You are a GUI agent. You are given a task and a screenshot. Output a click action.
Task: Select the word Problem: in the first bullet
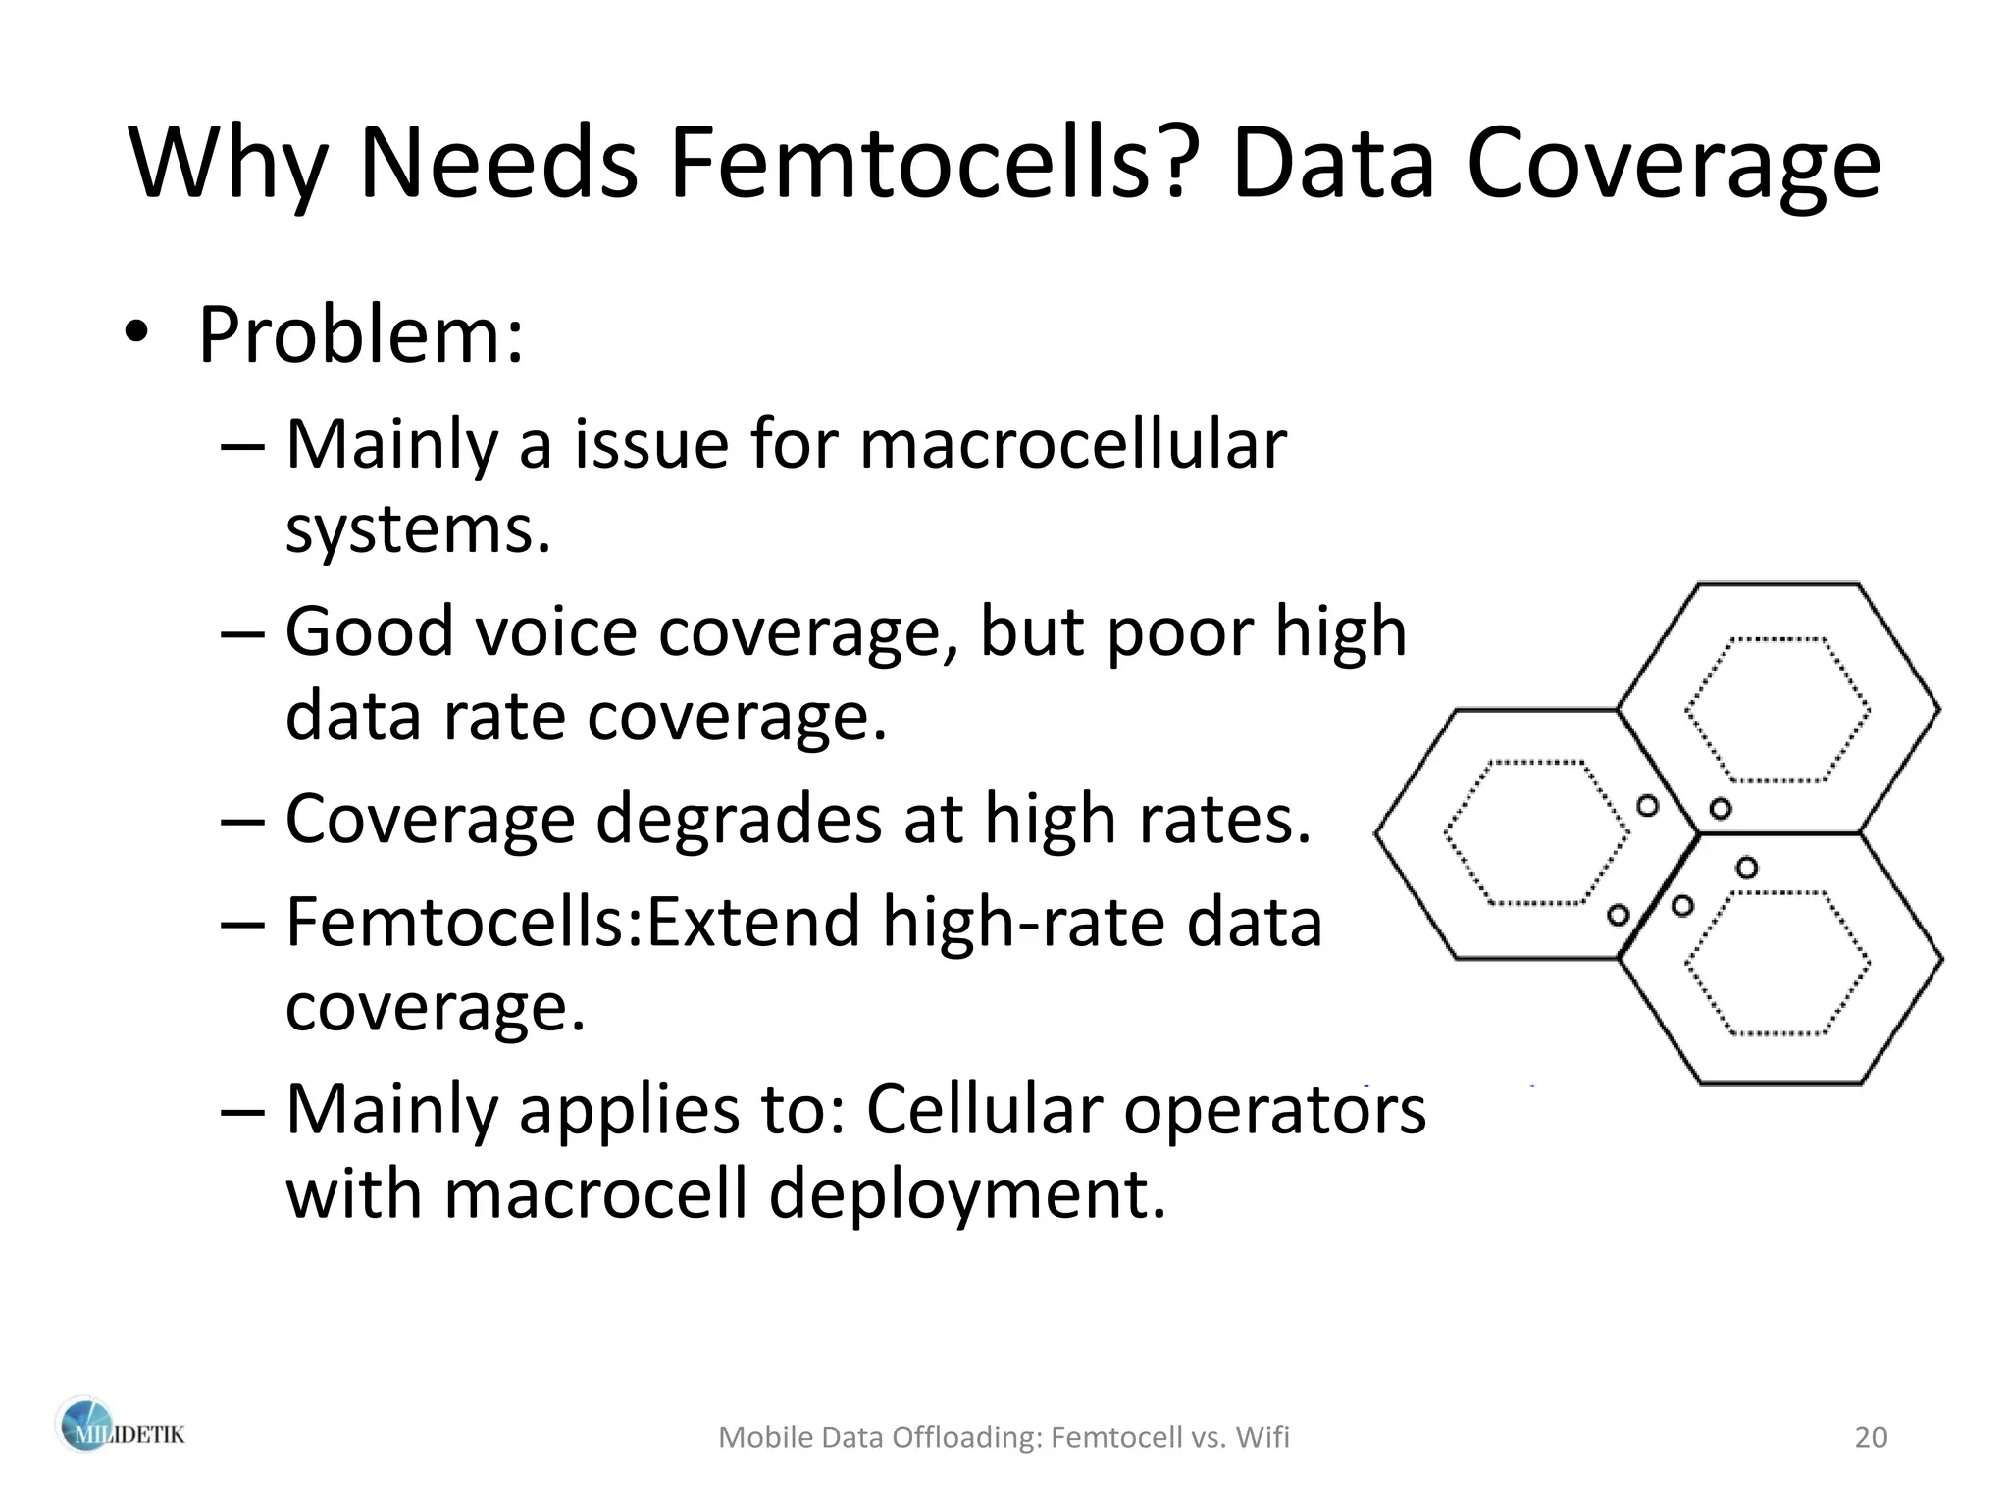tap(361, 335)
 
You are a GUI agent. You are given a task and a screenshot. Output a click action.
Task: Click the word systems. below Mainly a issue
tap(418, 529)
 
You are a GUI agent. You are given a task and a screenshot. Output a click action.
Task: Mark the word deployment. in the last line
tap(967, 1194)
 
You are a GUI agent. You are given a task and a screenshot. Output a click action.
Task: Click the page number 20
tap(1871, 1437)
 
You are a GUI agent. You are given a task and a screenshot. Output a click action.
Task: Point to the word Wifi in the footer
tap(1262, 1437)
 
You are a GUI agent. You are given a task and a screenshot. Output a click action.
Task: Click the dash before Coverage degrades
tap(243, 822)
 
